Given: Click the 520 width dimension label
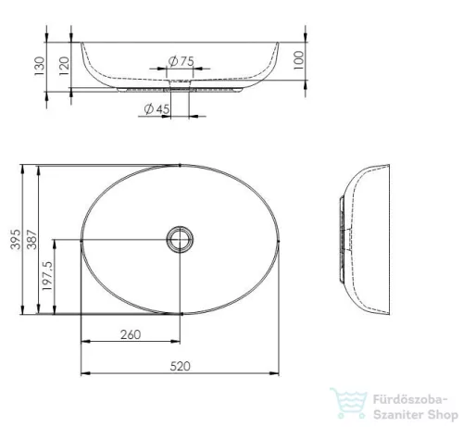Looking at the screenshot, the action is (181, 366).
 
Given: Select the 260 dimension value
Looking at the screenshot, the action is (131, 334).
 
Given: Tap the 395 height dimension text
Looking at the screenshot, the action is (16, 239).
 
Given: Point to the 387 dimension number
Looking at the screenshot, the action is (31, 239).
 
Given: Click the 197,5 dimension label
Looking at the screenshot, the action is (48, 276).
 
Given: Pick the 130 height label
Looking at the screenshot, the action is (40, 66).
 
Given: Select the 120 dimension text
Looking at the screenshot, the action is (64, 66).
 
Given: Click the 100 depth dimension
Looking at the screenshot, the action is (299, 60).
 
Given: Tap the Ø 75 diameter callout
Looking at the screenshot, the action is (181, 61).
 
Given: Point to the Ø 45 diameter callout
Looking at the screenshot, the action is (156, 108).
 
